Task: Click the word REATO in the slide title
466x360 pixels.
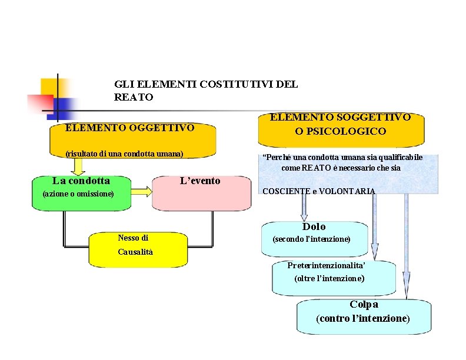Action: pyautogui.click(x=134, y=97)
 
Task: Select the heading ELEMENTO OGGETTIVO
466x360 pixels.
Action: pyautogui.click(x=129, y=128)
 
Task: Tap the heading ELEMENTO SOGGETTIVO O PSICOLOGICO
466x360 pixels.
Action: pyautogui.click(x=340, y=124)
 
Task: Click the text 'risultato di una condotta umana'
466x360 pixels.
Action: pyautogui.click(x=124, y=154)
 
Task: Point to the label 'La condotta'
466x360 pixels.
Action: pyautogui.click(x=81, y=181)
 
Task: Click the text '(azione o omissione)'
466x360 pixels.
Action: pyautogui.click(x=78, y=194)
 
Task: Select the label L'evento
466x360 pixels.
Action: pyautogui.click(x=200, y=181)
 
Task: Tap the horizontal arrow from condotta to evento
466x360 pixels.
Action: pyautogui.click(x=141, y=191)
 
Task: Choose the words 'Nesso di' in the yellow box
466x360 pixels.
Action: pyautogui.click(x=133, y=238)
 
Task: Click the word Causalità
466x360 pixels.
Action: pyautogui.click(x=135, y=252)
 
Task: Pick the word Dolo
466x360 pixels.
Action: pyautogui.click(x=314, y=226)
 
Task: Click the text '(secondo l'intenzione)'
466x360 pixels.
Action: pyautogui.click(x=311, y=239)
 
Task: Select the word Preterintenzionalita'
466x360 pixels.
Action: pyautogui.click(x=330, y=265)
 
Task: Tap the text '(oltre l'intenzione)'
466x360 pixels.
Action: pyautogui.click(x=329, y=278)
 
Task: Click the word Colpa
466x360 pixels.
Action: pyautogui.click(x=364, y=305)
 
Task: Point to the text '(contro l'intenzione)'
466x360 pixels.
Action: pyautogui.click(x=363, y=318)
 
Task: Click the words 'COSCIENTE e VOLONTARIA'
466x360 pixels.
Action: pyautogui.click(x=318, y=191)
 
